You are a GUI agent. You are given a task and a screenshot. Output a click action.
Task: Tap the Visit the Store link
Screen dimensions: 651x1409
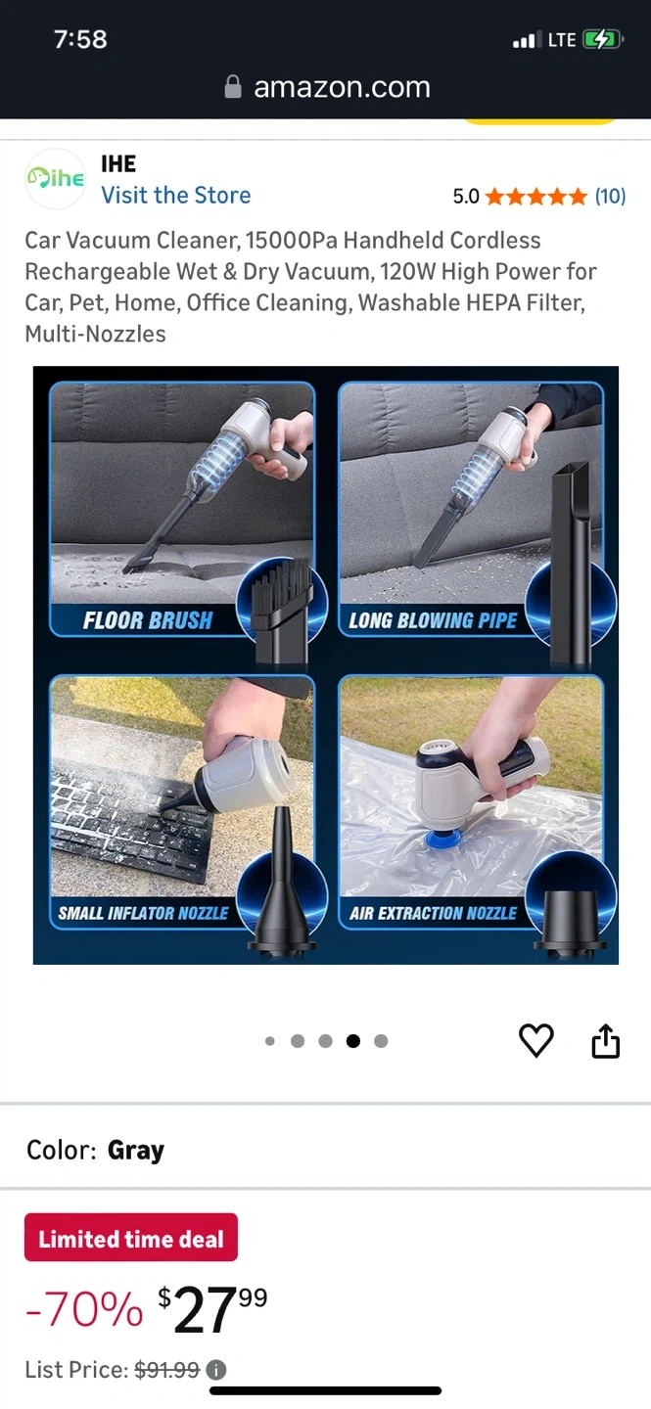click(x=176, y=195)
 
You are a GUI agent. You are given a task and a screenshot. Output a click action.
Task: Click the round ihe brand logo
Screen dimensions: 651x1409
click(x=56, y=179)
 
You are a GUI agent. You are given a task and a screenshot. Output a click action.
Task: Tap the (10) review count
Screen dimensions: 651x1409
click(x=610, y=197)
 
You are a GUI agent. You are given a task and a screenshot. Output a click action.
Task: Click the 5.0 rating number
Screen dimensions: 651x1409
click(x=466, y=197)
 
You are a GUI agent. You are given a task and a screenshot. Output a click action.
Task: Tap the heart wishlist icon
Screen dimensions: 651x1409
click(x=535, y=1040)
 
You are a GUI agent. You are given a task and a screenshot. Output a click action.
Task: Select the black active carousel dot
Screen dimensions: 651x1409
click(x=353, y=1041)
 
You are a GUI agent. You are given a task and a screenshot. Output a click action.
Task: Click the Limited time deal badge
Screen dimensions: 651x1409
click(x=131, y=1237)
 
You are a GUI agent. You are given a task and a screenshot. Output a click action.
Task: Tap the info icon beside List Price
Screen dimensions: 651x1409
click(x=216, y=1370)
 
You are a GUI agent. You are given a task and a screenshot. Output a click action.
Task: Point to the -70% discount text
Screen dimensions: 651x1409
click(x=84, y=1309)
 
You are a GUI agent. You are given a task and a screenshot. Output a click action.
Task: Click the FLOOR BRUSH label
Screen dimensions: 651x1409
click(x=148, y=620)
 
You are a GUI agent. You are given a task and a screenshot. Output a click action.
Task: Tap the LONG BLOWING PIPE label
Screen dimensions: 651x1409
click(x=433, y=620)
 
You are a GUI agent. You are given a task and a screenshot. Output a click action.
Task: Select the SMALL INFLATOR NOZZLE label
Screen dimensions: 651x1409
click(x=144, y=913)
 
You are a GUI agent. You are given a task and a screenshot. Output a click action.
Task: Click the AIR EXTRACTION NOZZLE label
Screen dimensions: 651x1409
click(x=433, y=913)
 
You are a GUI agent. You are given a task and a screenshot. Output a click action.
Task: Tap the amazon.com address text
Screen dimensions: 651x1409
click(x=342, y=87)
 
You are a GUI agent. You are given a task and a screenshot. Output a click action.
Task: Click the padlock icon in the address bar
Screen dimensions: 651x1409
click(x=233, y=87)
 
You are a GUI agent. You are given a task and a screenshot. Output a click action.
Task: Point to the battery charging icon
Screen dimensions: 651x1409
click(x=602, y=39)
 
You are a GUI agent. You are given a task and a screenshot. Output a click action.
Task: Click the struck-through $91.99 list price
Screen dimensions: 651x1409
click(x=167, y=1370)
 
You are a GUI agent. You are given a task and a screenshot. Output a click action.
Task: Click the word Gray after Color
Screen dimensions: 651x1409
click(x=136, y=1151)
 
